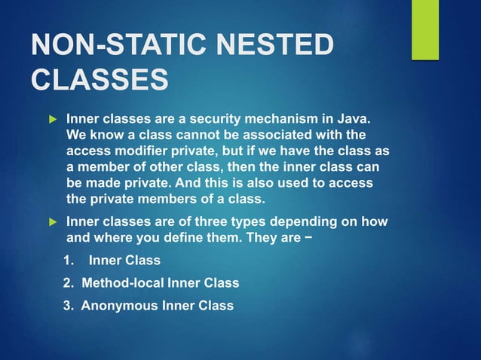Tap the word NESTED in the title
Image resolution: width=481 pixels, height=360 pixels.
(x=272, y=45)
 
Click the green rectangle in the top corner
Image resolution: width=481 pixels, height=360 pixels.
(x=425, y=29)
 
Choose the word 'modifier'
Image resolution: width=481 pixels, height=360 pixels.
(x=141, y=151)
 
